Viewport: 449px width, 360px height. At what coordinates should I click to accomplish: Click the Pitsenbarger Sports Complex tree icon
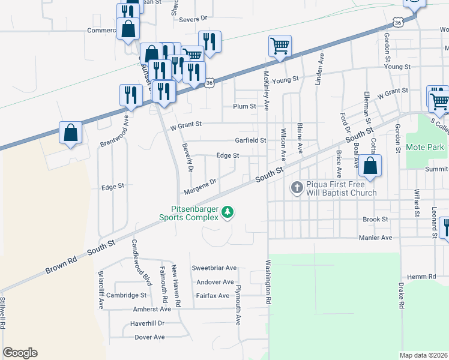pyautogui.click(x=228, y=211)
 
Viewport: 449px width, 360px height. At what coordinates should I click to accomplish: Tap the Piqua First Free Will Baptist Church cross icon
pyautogui.click(x=296, y=188)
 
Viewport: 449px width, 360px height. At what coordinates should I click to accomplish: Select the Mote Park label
pyautogui.click(x=424, y=147)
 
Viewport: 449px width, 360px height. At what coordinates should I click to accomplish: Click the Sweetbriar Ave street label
pyautogui.click(x=214, y=268)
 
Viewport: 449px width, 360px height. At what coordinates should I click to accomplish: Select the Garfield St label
pyautogui.click(x=250, y=140)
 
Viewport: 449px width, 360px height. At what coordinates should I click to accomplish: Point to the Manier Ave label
pyautogui.click(x=376, y=238)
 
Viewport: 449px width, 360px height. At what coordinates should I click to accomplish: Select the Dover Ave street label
pyautogui.click(x=149, y=337)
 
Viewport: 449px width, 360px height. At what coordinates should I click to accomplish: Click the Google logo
pyautogui.click(x=20, y=353)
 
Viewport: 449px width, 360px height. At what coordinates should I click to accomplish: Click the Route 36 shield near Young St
pyautogui.click(x=209, y=83)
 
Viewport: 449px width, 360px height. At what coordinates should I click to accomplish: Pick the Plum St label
pyautogui.click(x=245, y=106)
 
